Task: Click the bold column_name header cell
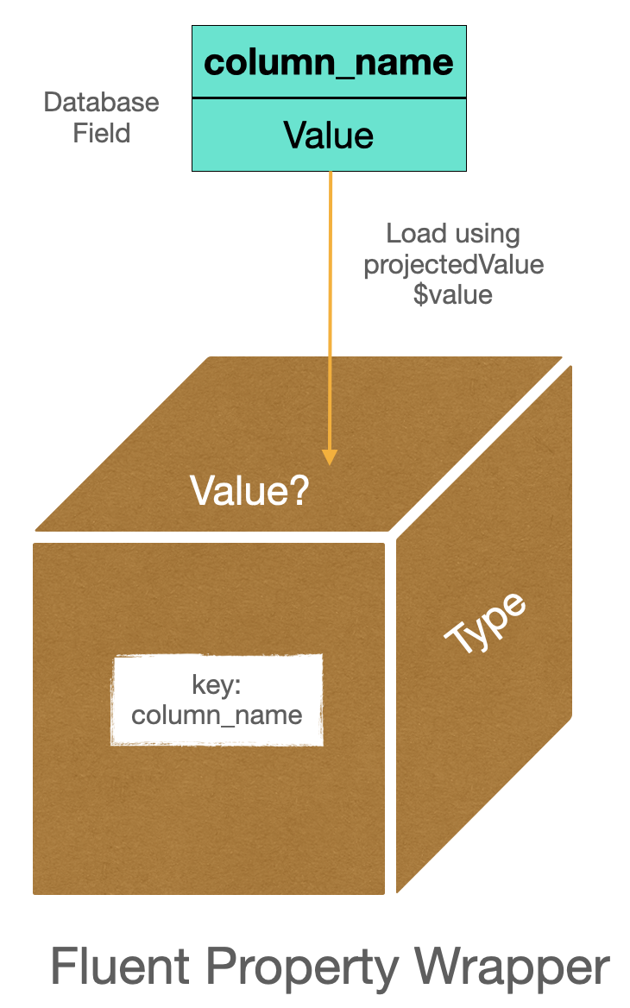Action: click(329, 63)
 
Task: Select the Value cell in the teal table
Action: click(329, 135)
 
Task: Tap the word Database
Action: click(102, 103)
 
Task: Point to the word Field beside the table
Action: click(102, 133)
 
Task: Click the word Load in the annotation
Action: click(416, 234)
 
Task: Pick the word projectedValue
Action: click(454, 264)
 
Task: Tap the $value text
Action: click(453, 294)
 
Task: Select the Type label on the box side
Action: click(485, 623)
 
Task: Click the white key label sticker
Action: click(217, 700)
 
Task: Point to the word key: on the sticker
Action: click(217, 685)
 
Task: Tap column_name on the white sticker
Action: click(217, 715)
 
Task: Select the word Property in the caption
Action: click(331, 967)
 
